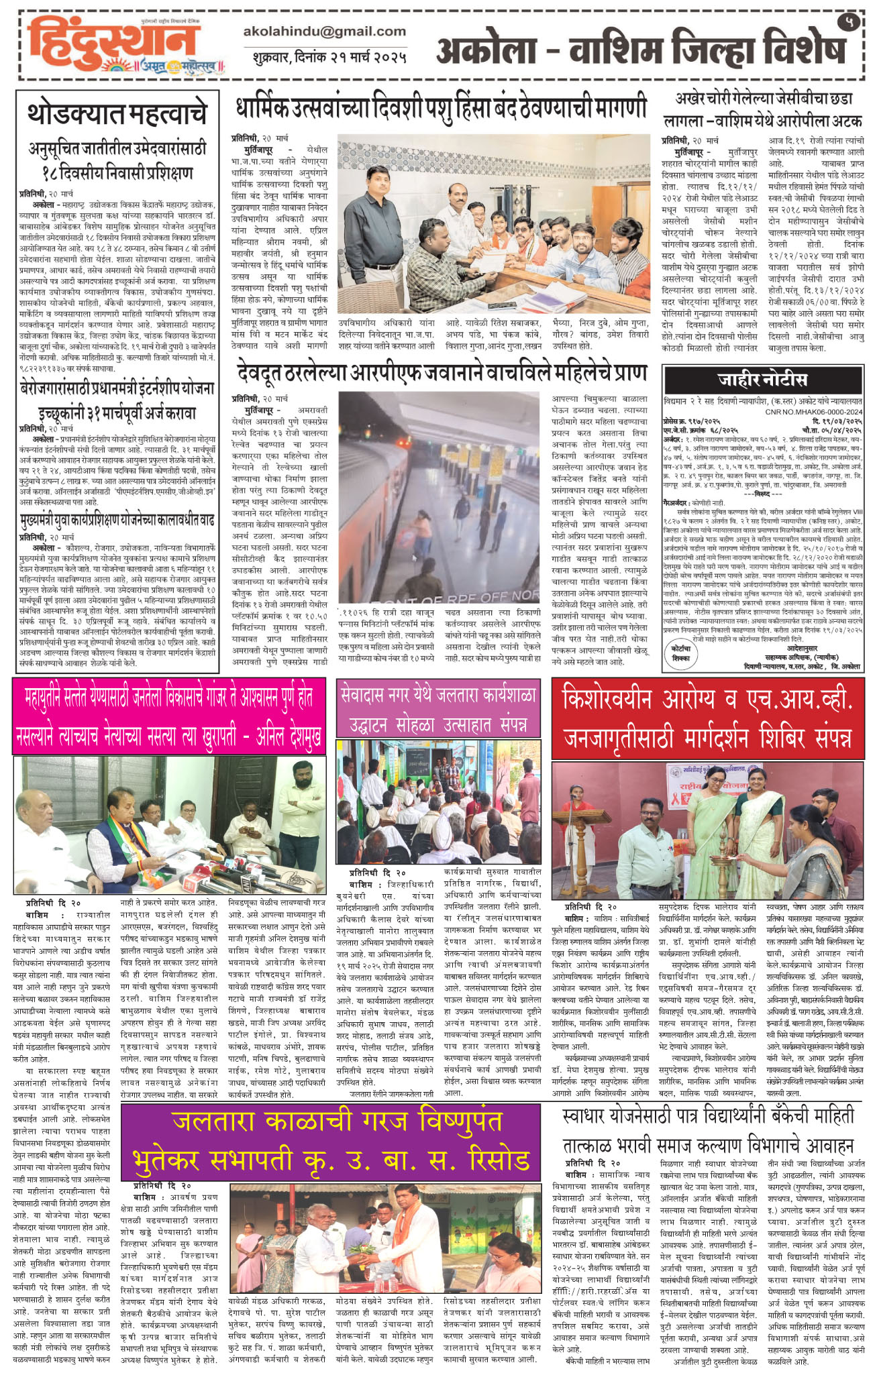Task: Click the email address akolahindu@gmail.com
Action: pyautogui.click(x=325, y=32)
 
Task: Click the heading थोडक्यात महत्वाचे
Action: pyautogui.click(x=117, y=115)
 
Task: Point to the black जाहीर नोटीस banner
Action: pyautogui.click(x=763, y=380)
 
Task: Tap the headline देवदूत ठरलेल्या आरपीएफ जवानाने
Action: pyautogui.click(x=442, y=373)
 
